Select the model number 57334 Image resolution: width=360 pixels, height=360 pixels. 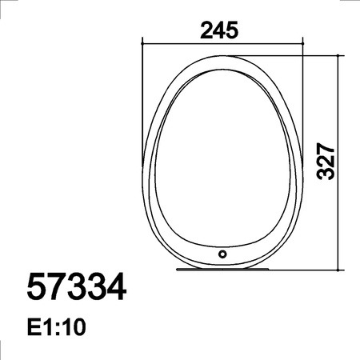pos(77,287)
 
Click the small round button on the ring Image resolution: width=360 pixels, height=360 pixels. pos(222,254)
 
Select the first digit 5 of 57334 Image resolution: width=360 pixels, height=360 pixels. pos(38,287)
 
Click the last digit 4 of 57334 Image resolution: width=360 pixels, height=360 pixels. pos(116,287)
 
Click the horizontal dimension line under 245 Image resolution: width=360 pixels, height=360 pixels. pos(222,41)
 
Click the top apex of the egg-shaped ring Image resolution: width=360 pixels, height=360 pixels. pos(222,56)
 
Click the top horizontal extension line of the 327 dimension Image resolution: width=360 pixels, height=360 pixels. pos(320,55)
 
